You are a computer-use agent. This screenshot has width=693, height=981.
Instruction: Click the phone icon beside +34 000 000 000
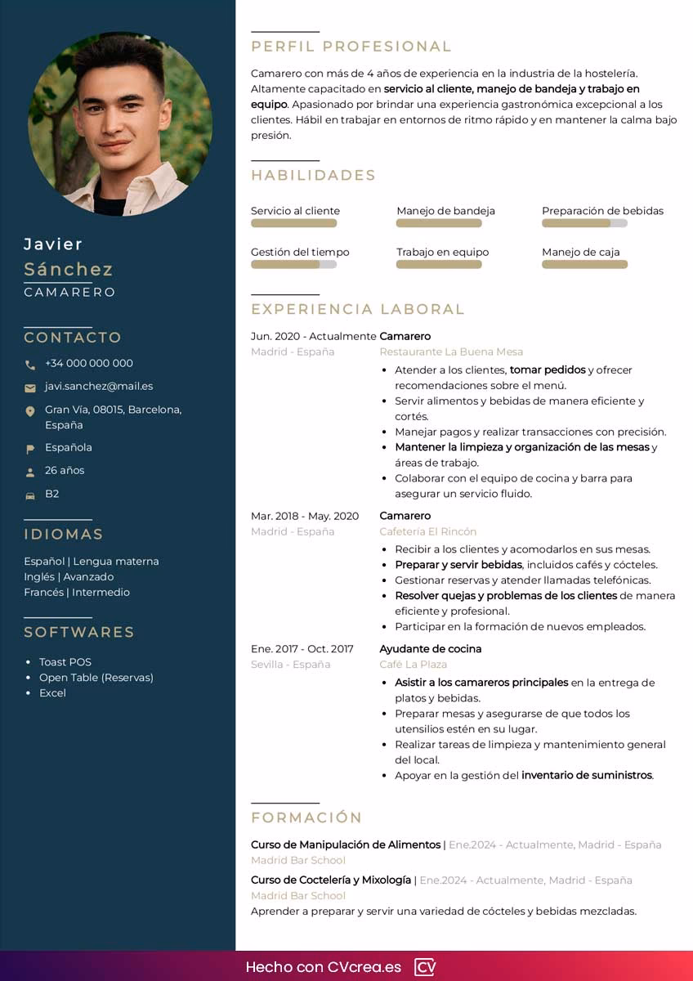point(30,365)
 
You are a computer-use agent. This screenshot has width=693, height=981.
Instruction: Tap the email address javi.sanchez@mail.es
point(99,386)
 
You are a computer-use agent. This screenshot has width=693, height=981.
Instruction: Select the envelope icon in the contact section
point(30,387)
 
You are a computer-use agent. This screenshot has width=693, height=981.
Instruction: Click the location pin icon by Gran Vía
point(30,411)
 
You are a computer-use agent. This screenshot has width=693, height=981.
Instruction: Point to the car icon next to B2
point(30,495)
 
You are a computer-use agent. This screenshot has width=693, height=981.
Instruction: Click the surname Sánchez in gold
point(69,269)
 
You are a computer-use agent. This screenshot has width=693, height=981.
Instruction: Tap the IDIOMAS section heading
point(64,534)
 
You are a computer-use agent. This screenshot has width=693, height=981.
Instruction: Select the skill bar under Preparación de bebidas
point(584,223)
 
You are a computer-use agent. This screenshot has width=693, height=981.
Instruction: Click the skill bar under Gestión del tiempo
point(293,265)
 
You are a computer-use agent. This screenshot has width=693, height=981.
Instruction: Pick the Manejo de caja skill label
point(580,252)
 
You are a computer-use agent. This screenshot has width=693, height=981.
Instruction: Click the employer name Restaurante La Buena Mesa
point(451,352)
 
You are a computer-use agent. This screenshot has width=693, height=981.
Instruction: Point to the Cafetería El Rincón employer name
point(427,531)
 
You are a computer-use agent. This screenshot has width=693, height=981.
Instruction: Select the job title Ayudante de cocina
point(431,648)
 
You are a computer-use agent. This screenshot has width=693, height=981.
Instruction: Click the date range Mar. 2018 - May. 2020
point(305,516)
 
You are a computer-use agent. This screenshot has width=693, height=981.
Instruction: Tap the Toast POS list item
point(65,662)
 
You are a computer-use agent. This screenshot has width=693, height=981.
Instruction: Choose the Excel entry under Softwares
point(52,693)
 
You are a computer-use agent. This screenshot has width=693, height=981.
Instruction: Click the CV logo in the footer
point(425,967)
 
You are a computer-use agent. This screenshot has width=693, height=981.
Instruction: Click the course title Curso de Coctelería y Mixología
point(331,880)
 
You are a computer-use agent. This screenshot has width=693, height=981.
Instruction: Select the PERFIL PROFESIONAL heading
point(351,47)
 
